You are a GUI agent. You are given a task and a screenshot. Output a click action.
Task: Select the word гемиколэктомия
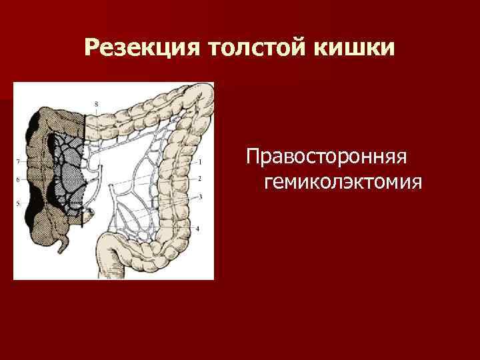click(343, 181)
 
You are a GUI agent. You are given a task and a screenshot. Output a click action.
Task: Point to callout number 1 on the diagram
click(200, 161)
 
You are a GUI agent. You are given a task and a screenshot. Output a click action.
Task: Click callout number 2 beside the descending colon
click(200, 179)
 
